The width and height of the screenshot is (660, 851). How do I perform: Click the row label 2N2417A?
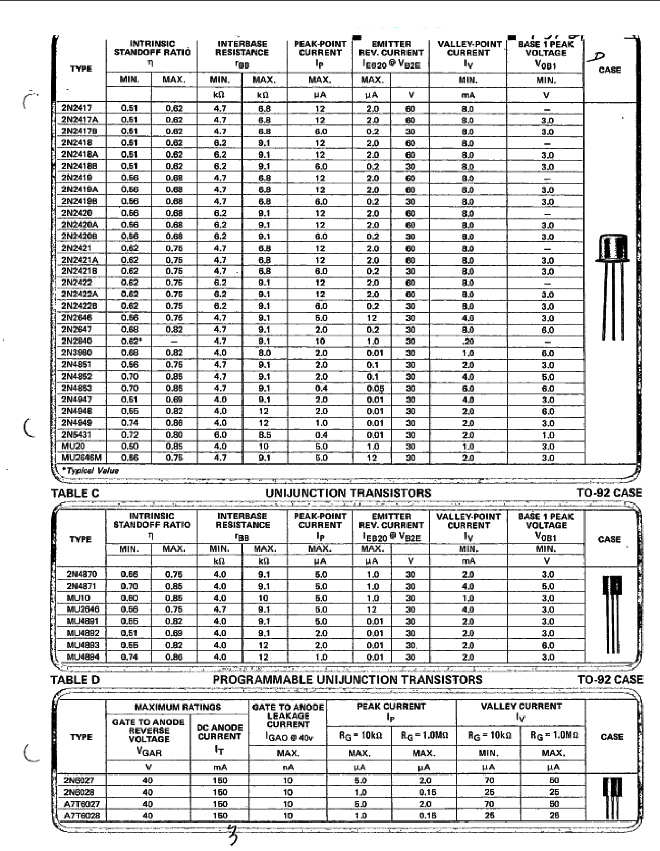coord(80,120)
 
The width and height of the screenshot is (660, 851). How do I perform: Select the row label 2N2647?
coord(77,329)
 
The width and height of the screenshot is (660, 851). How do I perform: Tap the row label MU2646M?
coord(82,458)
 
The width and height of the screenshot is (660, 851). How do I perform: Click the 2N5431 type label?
coord(77,434)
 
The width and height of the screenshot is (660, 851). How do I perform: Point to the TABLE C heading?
coord(75,493)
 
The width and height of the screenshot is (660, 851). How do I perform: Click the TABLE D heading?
coord(75,680)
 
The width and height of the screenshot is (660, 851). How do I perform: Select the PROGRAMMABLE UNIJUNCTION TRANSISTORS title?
coord(347,680)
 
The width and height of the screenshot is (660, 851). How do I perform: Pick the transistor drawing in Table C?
coord(612,613)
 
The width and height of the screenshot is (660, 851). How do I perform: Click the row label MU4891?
coord(83,622)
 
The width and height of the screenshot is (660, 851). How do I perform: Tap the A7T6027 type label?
coord(82,804)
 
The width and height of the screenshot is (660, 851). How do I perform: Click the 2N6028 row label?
coord(79,792)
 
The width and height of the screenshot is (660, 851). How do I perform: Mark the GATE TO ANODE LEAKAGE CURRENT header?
coord(288,716)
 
